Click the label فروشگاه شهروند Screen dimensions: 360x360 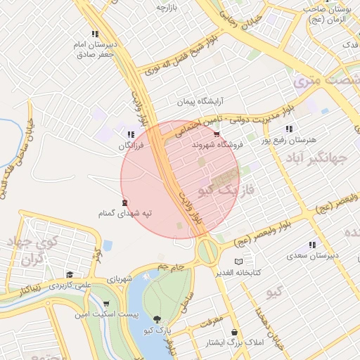[x=217, y=144]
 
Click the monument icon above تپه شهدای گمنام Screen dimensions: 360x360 [x=125, y=202]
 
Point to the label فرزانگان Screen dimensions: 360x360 [x=131, y=145]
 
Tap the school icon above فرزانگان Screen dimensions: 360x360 [x=130, y=134]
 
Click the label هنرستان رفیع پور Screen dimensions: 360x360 [x=288, y=140]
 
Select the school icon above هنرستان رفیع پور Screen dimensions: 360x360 [x=289, y=129]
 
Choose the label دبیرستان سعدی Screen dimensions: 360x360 [x=314, y=255]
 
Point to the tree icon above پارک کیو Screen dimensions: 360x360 [x=155, y=320]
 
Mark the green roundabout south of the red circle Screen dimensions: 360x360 [x=207, y=250]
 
